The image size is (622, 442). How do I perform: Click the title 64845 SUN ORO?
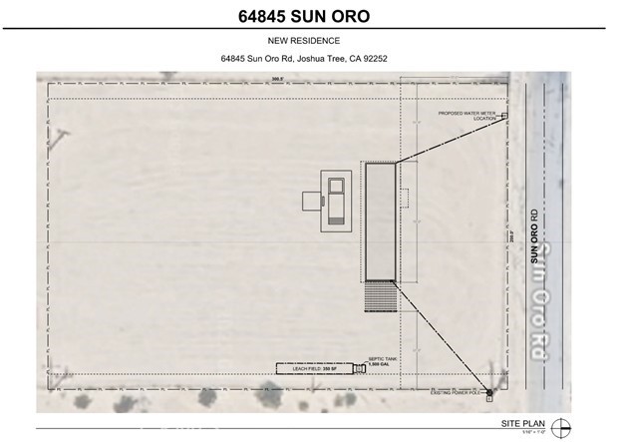coord(309,15)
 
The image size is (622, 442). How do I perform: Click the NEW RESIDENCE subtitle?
coord(310,41)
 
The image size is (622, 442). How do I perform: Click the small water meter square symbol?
coord(504,116)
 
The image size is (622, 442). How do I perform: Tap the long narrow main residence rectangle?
coord(380,221)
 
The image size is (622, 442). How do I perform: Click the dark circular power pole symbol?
coord(487,393)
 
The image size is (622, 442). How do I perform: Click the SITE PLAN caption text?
coord(528,423)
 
